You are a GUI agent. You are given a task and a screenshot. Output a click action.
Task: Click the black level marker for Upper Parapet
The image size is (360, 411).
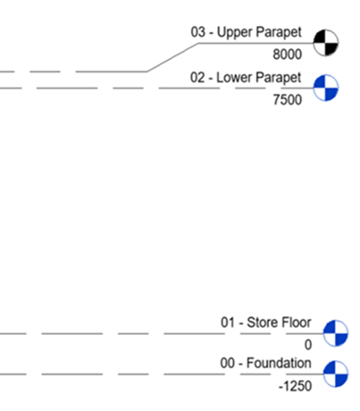326,43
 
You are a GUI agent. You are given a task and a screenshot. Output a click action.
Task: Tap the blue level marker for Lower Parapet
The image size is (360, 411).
326,88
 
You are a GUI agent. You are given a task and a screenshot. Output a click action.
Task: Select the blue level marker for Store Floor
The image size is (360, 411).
336,333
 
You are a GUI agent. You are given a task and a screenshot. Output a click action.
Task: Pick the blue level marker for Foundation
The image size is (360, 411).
336,373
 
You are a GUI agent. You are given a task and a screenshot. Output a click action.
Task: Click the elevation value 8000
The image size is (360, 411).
288,55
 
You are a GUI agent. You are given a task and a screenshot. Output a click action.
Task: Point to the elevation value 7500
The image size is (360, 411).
288,99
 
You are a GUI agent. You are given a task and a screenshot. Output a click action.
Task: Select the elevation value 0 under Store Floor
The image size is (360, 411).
308,345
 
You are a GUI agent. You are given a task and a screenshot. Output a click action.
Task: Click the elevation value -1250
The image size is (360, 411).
295,386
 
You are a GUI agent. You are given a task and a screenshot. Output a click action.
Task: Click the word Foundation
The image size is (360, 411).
279,363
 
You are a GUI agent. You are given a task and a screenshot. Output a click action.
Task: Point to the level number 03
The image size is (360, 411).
198,32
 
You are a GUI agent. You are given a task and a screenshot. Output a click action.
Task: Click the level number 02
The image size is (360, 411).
197,78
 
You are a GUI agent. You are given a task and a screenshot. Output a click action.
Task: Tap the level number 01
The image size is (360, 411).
228,323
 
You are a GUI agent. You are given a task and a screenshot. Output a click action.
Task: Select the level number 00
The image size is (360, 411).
228,363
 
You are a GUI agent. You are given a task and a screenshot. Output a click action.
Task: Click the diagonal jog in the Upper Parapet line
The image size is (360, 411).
172,57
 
